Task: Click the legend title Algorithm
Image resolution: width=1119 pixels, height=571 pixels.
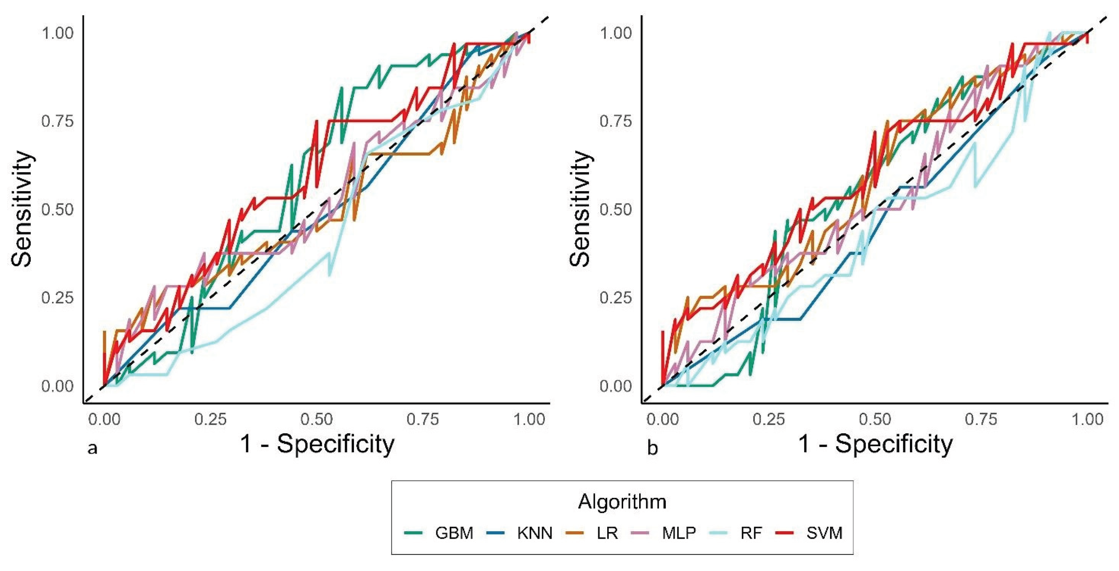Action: [x=622, y=502]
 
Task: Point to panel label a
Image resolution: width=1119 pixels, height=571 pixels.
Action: [x=92, y=448]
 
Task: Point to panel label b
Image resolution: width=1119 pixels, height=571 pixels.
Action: [x=653, y=448]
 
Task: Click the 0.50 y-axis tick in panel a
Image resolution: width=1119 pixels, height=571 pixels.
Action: [x=57, y=209]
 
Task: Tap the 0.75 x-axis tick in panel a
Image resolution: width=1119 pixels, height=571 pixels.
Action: [x=423, y=420]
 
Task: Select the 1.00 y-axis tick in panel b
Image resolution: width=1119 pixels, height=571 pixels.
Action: [x=615, y=33]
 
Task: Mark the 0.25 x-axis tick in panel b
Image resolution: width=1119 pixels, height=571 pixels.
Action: [x=769, y=420]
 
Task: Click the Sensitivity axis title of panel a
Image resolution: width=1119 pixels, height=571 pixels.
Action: [x=22, y=209]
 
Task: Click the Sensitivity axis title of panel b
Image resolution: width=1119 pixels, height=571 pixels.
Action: [x=580, y=209]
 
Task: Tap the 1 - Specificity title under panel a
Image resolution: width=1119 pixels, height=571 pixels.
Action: [x=317, y=444]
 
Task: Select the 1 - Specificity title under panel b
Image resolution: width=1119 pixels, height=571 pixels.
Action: [x=875, y=444]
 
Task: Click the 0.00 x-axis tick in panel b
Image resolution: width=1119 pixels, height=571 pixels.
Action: [x=663, y=420]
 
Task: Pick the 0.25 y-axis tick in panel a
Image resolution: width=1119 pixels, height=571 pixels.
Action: [x=57, y=298]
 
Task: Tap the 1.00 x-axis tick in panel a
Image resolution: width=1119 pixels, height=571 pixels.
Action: [x=529, y=420]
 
